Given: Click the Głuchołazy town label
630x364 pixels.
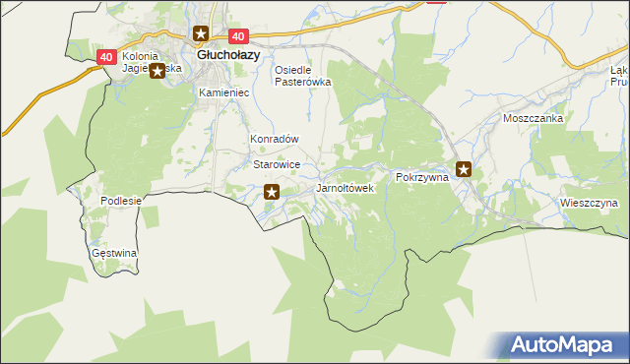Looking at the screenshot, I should click(228, 56).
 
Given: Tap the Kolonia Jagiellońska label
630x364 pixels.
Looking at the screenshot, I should click(151, 63).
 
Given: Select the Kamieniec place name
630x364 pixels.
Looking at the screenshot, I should click(223, 92).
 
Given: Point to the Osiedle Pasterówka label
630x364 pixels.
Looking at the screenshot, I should click(301, 77).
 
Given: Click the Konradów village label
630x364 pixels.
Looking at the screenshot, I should click(274, 140).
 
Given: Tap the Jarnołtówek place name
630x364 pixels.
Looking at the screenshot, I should click(345, 188).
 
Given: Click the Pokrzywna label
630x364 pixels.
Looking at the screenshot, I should click(421, 177).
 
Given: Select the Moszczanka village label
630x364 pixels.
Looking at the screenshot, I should click(532, 118).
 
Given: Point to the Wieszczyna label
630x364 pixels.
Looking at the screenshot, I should click(589, 204).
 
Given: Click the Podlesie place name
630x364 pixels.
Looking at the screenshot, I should click(122, 201).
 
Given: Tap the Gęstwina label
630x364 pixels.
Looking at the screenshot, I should click(113, 253).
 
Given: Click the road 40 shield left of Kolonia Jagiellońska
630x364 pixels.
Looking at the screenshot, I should click(107, 58).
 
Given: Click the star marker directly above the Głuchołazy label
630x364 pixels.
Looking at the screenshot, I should click(201, 35).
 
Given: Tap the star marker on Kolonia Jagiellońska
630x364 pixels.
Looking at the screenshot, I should click(157, 70).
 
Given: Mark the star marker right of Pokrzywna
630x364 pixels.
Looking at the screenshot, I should click(463, 169).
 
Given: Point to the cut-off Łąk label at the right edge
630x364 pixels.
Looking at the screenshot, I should click(619, 77).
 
